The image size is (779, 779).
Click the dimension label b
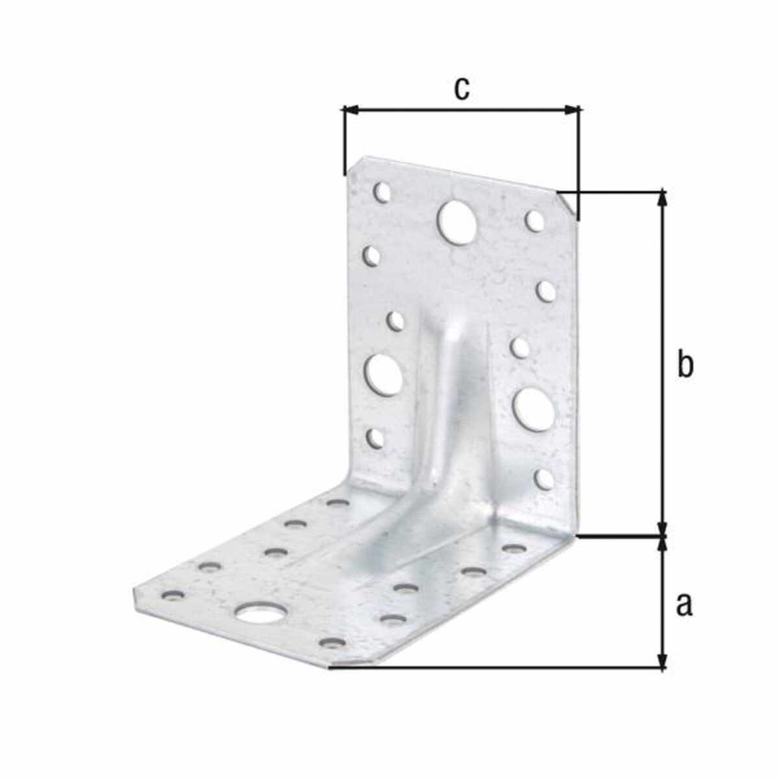(685, 365)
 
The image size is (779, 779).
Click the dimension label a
(684, 616)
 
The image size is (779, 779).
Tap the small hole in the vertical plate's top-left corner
(382, 192)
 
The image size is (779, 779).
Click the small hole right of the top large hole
(534, 220)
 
